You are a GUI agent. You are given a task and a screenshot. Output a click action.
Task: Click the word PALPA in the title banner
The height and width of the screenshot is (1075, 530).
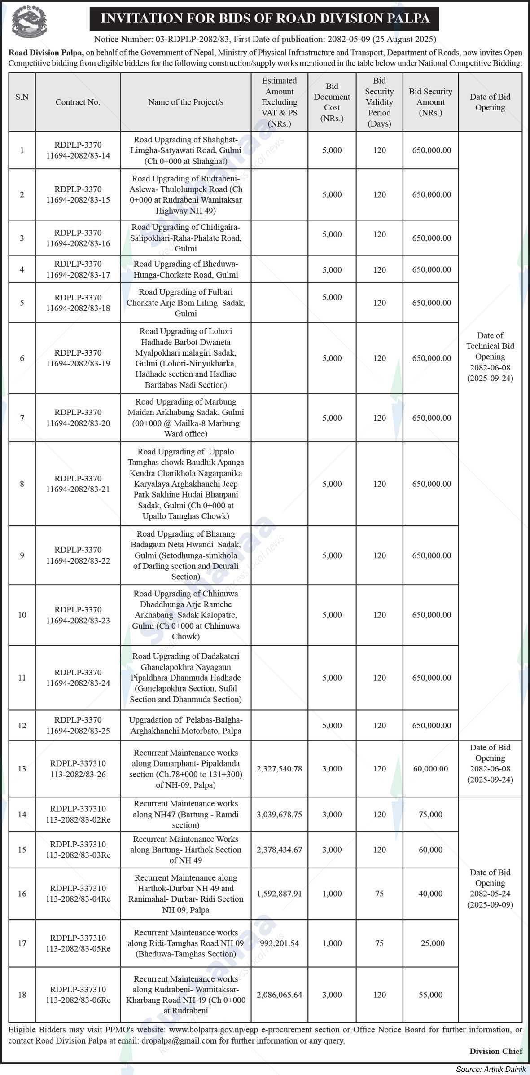[x=406, y=18]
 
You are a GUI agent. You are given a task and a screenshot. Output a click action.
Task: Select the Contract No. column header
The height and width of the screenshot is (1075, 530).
[x=78, y=102]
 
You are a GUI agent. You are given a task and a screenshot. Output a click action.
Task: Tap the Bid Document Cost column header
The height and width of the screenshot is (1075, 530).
[x=332, y=102]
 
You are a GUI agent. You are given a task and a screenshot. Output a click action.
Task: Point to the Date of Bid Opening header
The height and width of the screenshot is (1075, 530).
[x=490, y=102]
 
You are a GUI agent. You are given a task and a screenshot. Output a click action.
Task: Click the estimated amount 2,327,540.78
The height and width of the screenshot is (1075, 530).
[x=279, y=769]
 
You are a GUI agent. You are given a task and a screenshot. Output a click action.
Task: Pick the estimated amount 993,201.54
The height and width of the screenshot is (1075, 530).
[x=279, y=943]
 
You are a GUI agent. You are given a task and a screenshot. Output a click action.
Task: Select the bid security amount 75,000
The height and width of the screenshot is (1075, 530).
[x=430, y=815]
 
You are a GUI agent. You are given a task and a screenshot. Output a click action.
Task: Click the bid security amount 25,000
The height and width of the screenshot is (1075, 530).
[x=432, y=943]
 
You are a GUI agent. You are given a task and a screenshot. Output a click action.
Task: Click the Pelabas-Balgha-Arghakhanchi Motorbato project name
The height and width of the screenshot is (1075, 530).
[x=186, y=725]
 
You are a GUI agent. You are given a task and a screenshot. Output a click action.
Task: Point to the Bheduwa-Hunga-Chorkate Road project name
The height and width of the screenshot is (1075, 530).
[x=186, y=269]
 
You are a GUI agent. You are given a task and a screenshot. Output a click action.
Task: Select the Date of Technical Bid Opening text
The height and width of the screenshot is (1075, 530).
[x=490, y=357]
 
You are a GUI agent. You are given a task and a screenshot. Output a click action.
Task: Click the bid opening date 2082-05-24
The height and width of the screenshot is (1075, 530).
[x=490, y=894]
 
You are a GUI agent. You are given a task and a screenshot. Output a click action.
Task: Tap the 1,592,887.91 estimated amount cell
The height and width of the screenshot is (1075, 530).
[x=279, y=894]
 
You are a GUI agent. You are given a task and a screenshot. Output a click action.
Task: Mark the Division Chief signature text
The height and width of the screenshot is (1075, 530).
[x=496, y=1051]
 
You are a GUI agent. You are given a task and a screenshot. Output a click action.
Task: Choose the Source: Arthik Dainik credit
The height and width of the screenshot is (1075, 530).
[x=491, y=1069]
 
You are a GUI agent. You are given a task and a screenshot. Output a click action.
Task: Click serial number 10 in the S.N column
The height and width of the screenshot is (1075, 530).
[x=22, y=615]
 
